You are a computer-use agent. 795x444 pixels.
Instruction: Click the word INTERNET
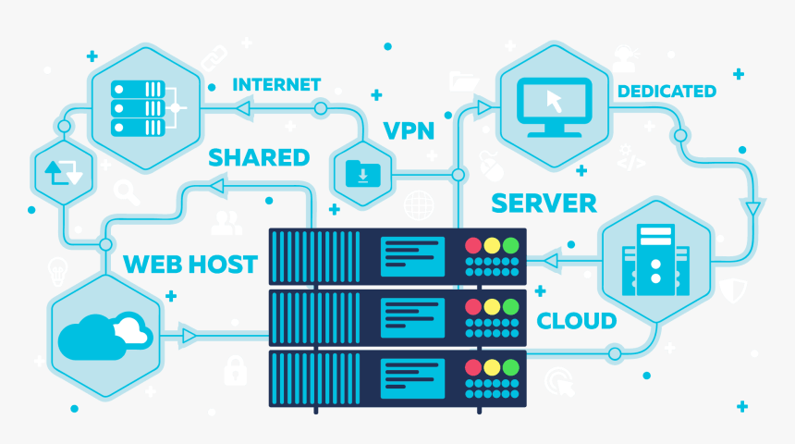point(276,84)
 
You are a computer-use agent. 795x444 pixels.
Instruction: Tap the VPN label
point(409,129)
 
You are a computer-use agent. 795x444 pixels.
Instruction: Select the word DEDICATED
point(667,91)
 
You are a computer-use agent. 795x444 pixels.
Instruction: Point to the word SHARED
point(259,157)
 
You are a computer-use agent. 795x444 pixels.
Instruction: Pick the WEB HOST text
point(190,264)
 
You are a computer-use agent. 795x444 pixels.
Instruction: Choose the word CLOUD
point(577,321)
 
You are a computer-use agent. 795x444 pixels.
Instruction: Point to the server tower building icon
point(655,258)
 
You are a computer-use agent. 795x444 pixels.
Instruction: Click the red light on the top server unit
point(473,246)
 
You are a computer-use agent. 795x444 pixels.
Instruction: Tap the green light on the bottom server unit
point(510,366)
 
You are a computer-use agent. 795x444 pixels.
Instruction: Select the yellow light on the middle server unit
point(492,306)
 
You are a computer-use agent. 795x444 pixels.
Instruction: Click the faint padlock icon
point(235,371)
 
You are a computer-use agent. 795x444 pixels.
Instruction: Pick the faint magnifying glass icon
point(127,192)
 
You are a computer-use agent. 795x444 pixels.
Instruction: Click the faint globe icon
point(419,204)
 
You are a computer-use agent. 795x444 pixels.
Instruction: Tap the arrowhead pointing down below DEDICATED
point(753,207)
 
